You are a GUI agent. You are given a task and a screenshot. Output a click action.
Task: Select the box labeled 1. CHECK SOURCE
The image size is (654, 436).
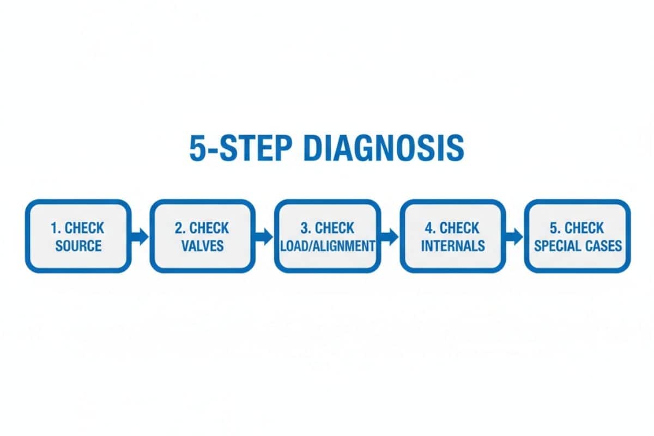point(78,236)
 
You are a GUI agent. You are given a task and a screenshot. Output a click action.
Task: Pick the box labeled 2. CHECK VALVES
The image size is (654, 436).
point(203,236)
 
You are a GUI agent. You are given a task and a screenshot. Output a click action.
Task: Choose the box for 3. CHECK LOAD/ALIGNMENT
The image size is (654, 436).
point(327,236)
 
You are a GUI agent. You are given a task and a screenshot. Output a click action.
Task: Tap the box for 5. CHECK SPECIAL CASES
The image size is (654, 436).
point(577,236)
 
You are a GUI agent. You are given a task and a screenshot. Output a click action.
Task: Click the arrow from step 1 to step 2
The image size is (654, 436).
point(140,236)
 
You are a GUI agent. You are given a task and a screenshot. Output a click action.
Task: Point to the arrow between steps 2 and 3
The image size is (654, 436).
point(264,236)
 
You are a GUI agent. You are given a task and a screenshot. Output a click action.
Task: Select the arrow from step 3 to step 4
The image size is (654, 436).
point(390,236)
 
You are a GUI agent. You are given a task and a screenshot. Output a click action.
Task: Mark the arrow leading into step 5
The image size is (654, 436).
point(514,236)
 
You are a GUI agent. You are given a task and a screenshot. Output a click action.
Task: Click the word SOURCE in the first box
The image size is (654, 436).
point(78,245)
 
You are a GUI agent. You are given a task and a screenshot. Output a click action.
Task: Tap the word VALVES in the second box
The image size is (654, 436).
point(203,245)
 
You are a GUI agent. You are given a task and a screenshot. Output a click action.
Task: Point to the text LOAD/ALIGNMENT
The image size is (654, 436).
point(327,245)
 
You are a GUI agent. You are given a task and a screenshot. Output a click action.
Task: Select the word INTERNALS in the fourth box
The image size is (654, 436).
point(453,245)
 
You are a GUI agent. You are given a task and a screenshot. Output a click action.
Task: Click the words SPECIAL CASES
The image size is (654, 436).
point(578,245)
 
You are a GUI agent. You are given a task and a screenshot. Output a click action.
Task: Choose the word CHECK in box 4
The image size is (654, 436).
point(459,227)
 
